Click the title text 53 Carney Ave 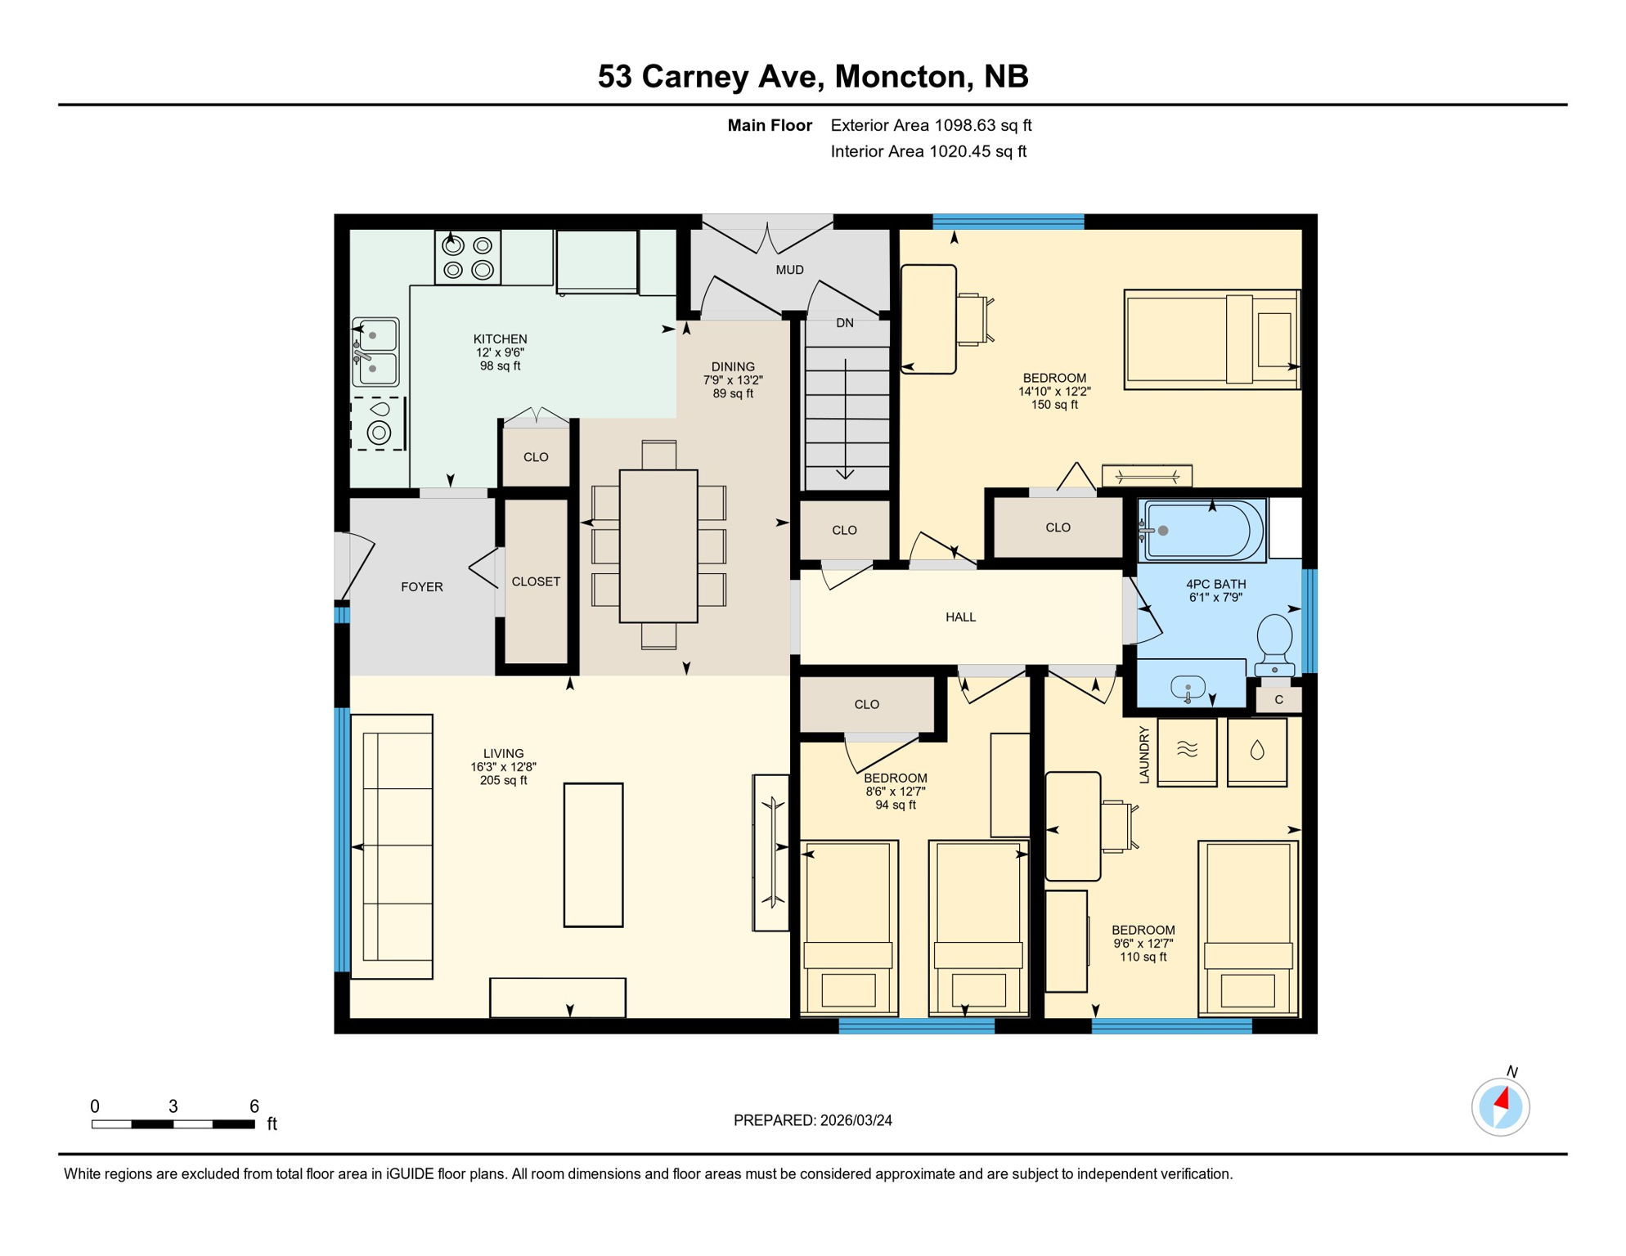pyautogui.click(x=707, y=77)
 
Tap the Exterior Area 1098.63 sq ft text pyautogui.click(x=931, y=125)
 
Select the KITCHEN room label pyautogui.click(x=500, y=339)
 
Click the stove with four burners pyautogui.click(x=467, y=258)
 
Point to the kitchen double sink pyautogui.click(x=375, y=352)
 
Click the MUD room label pyautogui.click(x=789, y=270)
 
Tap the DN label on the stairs pyautogui.click(x=845, y=323)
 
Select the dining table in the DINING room pyautogui.click(x=658, y=545)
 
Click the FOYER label pyautogui.click(x=421, y=587)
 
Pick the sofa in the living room pyautogui.click(x=393, y=846)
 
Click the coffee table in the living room pyautogui.click(x=593, y=855)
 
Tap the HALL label pyautogui.click(x=960, y=617)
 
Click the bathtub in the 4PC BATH pyautogui.click(x=1201, y=531)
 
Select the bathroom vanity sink pyautogui.click(x=1188, y=687)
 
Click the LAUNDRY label pyautogui.click(x=1143, y=754)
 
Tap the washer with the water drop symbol pyautogui.click(x=1257, y=751)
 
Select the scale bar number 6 pyautogui.click(x=254, y=1106)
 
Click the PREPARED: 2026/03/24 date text pyautogui.click(x=812, y=1120)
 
